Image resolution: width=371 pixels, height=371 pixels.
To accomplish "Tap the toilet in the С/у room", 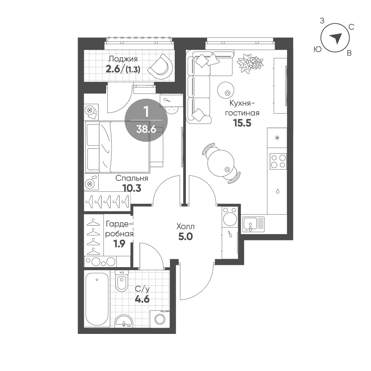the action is click(x=122, y=281).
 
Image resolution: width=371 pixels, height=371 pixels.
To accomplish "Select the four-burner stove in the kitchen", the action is click(x=278, y=161).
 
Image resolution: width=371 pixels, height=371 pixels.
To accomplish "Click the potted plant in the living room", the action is click(x=250, y=62).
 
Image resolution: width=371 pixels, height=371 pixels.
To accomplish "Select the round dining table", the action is click(x=221, y=163).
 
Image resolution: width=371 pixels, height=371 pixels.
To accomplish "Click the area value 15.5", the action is click(x=242, y=123).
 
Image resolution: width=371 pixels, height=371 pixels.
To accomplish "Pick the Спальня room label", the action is click(x=132, y=178).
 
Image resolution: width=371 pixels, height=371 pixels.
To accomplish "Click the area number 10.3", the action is click(x=132, y=188).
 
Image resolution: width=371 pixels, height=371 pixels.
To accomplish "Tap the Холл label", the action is click(x=185, y=227).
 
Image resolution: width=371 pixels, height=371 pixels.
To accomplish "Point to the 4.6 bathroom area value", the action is click(x=142, y=299).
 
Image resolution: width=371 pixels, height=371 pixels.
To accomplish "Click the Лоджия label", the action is click(x=123, y=59).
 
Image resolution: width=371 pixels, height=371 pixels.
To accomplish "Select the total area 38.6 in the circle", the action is click(x=146, y=129).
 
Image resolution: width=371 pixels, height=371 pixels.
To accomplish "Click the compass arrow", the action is click(x=336, y=38).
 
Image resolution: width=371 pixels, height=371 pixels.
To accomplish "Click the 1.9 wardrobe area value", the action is click(x=119, y=244).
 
